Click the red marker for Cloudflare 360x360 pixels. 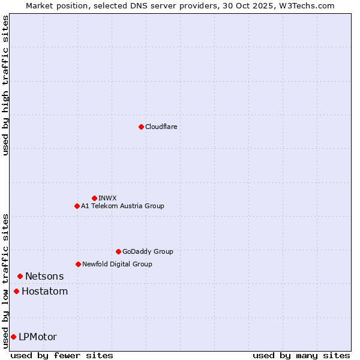coord(141,127)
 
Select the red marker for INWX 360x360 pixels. coord(94,198)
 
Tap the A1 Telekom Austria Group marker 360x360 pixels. coord(77,206)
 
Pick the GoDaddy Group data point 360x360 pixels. coord(118,251)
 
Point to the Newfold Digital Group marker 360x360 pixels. coord(78,264)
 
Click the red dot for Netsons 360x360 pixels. coord(20,276)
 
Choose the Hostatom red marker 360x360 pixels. coord(16,292)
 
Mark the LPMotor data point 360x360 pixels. coord(13,337)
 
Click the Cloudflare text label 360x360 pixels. coord(161,127)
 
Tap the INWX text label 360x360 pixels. coord(107,198)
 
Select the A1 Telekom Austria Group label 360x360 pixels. coord(122,206)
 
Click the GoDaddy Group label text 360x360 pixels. coord(148,251)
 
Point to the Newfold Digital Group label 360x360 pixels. coord(117,264)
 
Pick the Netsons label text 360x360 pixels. coord(44,276)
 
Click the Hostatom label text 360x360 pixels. coord(44,292)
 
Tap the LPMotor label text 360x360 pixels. coord(38,337)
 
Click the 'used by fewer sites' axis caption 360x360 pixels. coord(62,355)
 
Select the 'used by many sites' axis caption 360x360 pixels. coord(301,355)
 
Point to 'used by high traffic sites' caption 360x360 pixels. coord(5,85)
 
